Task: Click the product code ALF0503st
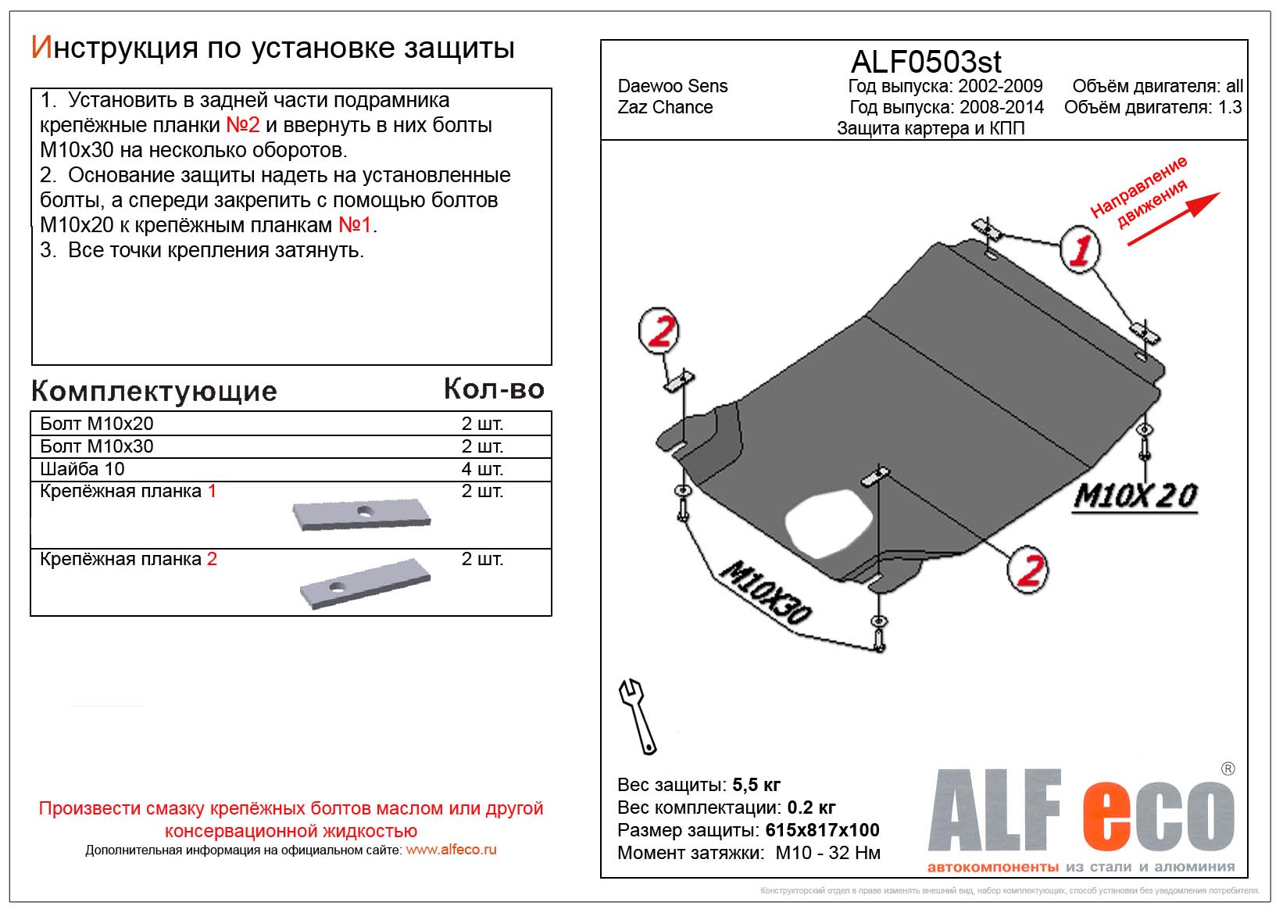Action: point(925,62)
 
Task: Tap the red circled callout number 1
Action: point(1080,249)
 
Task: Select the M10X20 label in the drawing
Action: point(1135,496)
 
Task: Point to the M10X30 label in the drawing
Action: point(765,593)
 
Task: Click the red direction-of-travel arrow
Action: point(1172,218)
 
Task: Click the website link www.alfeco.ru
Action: point(451,850)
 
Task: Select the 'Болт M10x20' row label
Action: point(97,424)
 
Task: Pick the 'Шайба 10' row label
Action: point(82,469)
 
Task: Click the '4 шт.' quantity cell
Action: point(482,469)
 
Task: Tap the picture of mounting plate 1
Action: point(361,515)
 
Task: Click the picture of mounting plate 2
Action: point(364,582)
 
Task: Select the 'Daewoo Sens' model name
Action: point(672,86)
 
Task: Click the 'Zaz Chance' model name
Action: point(665,107)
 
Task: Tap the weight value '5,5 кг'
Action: point(756,785)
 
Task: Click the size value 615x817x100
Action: point(822,830)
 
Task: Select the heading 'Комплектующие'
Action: point(154,391)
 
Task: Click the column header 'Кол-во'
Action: point(494,388)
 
